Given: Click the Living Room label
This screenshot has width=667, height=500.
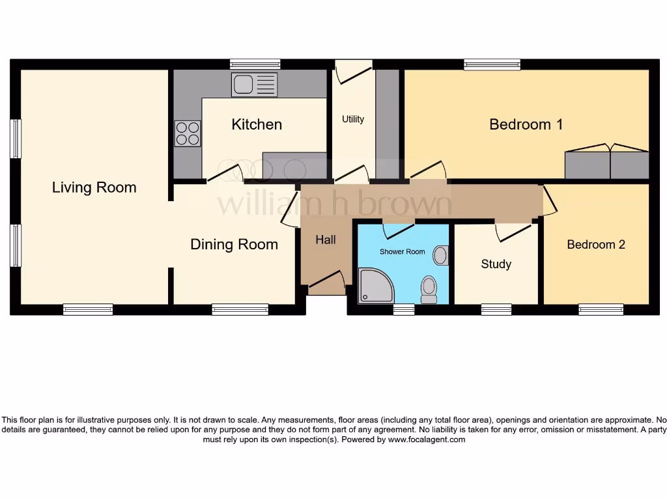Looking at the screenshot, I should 94,187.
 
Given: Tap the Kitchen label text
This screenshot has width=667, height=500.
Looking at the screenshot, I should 257,124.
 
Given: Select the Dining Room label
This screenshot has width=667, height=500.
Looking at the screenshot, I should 234,244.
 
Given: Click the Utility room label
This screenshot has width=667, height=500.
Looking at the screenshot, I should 353,119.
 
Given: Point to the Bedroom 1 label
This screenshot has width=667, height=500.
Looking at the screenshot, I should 526,124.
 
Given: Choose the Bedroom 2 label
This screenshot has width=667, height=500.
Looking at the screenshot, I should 595,244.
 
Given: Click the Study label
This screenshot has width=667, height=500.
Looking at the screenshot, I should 496,264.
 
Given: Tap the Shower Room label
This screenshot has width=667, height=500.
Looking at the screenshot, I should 402,251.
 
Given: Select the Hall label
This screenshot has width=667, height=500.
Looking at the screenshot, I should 326,240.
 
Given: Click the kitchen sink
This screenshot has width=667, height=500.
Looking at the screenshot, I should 254,85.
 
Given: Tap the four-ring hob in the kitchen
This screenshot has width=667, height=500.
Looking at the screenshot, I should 187,133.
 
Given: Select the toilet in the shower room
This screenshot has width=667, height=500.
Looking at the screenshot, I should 429,288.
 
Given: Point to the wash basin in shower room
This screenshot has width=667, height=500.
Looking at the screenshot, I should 441,255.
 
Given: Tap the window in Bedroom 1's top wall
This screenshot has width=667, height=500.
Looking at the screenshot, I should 492,64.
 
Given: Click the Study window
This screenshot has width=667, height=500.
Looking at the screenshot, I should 496,310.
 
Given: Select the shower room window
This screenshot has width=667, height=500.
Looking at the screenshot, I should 404,310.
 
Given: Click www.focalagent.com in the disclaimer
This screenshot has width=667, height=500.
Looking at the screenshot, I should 427,439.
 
